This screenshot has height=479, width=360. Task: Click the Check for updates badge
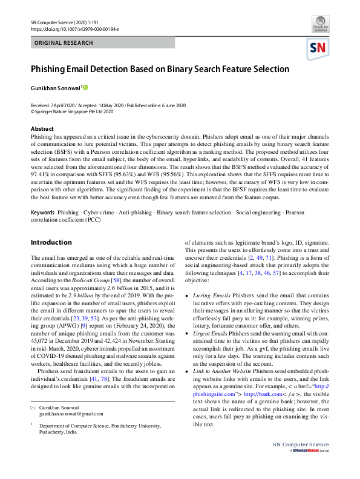321,25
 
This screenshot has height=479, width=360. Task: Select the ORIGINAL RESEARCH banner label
64,43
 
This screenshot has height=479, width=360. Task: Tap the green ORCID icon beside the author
86,87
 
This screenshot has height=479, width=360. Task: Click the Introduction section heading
51,242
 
